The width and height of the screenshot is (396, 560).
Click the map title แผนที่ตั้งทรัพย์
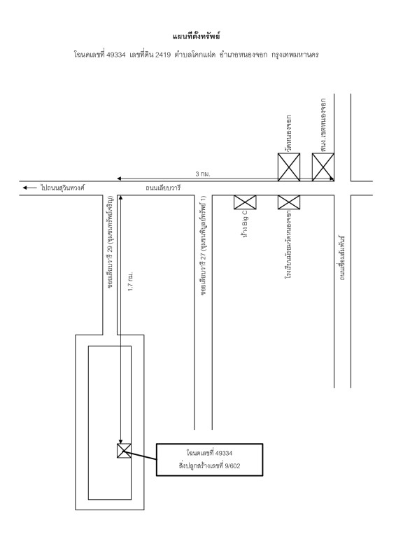click(x=197, y=36)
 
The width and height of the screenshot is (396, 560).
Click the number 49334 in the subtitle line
click(x=115, y=55)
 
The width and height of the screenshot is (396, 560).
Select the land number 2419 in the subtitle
click(x=163, y=55)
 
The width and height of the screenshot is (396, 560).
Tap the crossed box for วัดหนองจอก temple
click(x=289, y=167)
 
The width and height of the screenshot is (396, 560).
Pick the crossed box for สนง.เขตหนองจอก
click(x=323, y=167)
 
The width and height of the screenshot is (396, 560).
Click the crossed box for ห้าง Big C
click(x=245, y=202)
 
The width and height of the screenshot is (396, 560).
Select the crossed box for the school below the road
click(x=289, y=202)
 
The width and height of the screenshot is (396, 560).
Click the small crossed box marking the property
click(x=124, y=450)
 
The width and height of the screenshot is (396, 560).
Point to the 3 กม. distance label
click(x=203, y=174)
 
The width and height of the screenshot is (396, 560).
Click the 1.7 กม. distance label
click(x=131, y=281)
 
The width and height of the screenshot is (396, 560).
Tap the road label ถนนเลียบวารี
click(x=163, y=188)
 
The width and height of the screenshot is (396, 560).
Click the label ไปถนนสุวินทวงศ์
click(x=62, y=188)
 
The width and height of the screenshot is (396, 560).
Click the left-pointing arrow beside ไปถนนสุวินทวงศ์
click(x=29, y=188)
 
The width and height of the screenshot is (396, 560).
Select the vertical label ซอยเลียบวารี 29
click(x=111, y=242)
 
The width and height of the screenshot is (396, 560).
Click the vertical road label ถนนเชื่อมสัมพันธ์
click(x=341, y=258)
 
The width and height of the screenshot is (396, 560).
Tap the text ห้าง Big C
click(x=245, y=224)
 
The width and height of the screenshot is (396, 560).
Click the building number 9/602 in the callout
click(x=232, y=465)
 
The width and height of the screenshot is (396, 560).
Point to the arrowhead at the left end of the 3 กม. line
click(x=119, y=178)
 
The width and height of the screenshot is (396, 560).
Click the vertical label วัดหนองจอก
click(x=288, y=133)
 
